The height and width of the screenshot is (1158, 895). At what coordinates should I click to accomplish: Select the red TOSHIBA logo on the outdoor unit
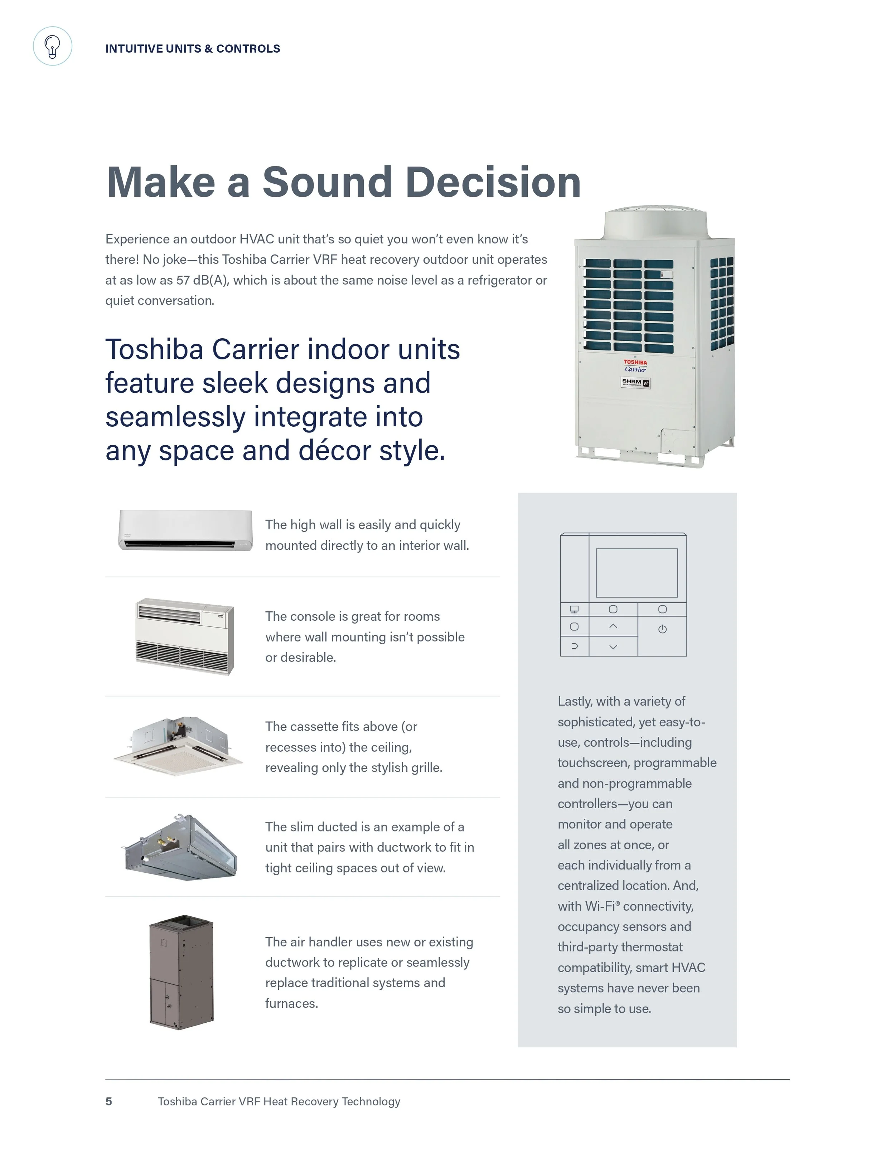[635, 363]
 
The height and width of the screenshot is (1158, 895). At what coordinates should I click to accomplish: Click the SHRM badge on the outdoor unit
[635, 382]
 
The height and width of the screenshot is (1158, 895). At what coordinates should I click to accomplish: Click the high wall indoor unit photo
[185, 530]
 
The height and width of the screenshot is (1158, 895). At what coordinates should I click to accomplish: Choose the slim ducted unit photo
[180, 847]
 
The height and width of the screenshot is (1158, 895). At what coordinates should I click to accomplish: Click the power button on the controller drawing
[662, 629]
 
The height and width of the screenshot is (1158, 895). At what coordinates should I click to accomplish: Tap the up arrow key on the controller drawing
[613, 626]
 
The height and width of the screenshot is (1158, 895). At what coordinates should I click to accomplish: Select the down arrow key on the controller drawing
[613, 647]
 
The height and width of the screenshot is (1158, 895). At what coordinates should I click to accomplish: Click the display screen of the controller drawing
[637, 573]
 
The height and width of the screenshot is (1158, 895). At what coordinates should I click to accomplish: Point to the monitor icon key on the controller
[574, 609]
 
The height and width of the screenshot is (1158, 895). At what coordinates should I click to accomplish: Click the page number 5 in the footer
[109, 1101]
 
